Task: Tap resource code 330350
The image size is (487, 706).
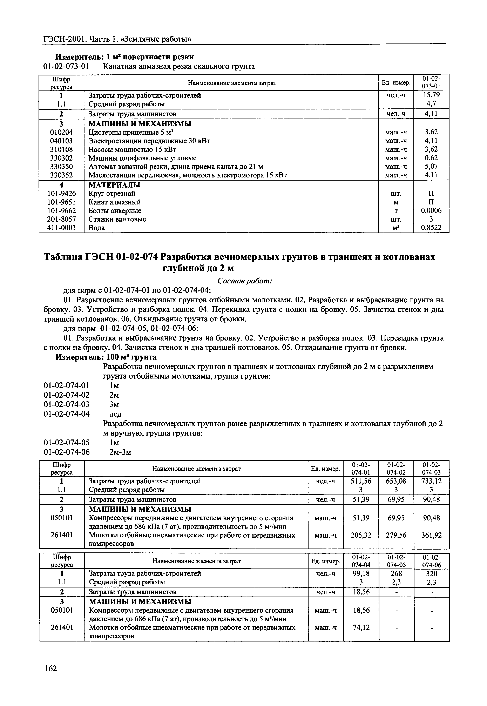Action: (61, 167)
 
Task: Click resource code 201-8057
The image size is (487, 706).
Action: (61, 219)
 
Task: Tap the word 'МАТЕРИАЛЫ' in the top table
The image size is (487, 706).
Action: (114, 185)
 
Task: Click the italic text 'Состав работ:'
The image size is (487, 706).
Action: (245, 281)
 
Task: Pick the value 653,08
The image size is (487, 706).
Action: (396, 481)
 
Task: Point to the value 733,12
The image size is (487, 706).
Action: (432, 481)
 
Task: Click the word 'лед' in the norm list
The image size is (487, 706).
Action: (115, 414)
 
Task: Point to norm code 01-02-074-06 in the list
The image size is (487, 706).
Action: (67, 452)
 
